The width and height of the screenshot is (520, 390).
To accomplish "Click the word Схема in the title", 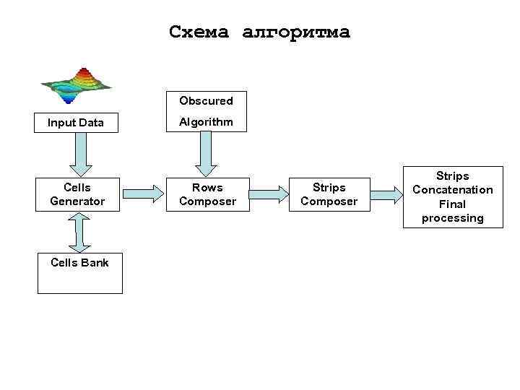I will [x=200, y=32].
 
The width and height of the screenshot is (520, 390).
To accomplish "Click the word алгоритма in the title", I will [x=296, y=32].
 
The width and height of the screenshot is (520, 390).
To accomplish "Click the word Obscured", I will [x=206, y=101].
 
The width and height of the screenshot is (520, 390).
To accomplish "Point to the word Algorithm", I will [x=206, y=122].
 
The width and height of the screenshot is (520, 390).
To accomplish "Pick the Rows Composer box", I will [x=207, y=194].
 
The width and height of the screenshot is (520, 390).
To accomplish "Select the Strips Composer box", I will [x=329, y=194].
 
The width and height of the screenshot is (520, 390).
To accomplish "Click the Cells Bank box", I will [x=79, y=272].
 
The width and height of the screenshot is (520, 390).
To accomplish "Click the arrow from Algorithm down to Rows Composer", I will [x=206, y=155].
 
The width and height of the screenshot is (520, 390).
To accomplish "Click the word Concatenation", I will [x=453, y=190].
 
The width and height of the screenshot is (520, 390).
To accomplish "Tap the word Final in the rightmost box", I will [x=453, y=204].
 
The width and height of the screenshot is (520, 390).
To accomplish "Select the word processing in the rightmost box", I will [x=453, y=218].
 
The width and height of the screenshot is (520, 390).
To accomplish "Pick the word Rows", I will [x=207, y=188].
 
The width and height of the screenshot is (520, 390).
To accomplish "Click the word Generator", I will [x=77, y=201].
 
